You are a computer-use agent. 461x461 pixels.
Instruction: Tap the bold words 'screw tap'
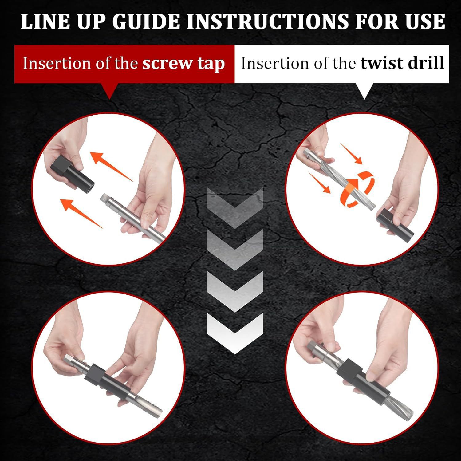(x=183, y=64)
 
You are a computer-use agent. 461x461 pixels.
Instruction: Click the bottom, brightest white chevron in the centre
(x=235, y=333)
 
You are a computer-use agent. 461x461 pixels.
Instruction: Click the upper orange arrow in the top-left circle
(x=112, y=166)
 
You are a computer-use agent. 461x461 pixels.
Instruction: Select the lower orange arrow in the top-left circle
(x=81, y=213)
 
